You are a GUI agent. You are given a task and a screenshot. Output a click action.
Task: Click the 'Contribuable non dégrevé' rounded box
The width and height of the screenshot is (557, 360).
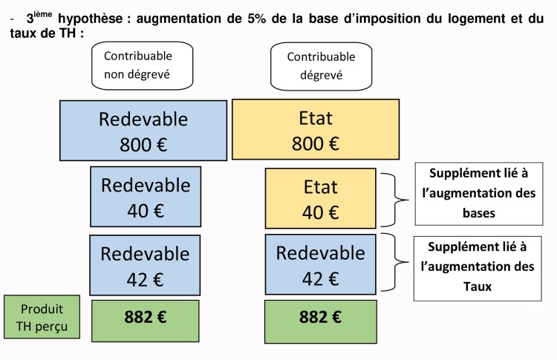coord(142,65)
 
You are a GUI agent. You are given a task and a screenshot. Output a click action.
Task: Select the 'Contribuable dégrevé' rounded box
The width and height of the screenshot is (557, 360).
coord(321,66)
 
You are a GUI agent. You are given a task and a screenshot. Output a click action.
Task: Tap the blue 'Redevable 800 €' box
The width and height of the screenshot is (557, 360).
coord(143,131)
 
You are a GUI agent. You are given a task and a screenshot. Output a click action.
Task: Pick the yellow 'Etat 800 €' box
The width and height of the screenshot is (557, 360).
coord(316,130)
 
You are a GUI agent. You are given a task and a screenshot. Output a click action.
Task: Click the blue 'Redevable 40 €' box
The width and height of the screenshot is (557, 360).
coord(146,197)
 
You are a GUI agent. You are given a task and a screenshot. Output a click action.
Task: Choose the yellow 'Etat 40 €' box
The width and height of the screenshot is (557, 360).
coord(320,198)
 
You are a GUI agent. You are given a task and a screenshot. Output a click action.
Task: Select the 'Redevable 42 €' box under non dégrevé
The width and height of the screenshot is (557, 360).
coord(145,265)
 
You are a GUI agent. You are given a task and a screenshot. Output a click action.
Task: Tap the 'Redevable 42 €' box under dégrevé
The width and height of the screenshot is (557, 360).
coord(320,264)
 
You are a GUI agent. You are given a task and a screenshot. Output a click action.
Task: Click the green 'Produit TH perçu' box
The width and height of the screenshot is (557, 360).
coord(42,317)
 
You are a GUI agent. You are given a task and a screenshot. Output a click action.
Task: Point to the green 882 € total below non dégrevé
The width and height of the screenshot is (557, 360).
coord(146,321)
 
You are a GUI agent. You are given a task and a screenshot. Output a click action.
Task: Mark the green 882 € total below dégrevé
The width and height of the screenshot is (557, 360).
coord(320,321)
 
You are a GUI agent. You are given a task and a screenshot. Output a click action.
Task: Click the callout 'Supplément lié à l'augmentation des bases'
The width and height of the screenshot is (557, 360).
coord(479,194)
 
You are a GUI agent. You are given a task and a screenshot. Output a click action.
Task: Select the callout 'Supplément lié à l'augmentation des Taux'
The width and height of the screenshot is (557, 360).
coord(478,269)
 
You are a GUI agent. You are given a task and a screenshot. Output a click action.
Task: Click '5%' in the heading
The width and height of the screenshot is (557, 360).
coord(256,19)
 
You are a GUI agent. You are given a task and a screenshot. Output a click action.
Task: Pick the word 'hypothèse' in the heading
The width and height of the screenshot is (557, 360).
coord(90,19)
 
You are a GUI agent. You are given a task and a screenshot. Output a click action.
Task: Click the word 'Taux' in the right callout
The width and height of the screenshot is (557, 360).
coord(478,287)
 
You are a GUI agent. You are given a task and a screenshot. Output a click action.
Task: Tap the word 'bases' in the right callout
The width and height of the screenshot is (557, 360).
coord(479,213)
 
